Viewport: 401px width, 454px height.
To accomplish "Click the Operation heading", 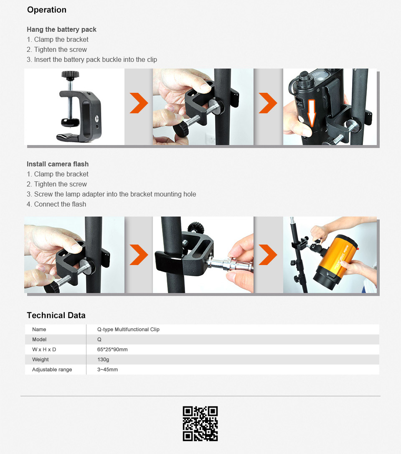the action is [x=47, y=10].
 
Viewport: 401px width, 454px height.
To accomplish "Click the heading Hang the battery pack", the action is [x=61, y=30].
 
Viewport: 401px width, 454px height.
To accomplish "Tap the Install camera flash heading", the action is [x=58, y=164].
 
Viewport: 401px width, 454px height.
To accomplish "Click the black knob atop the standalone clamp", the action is [x=70, y=75].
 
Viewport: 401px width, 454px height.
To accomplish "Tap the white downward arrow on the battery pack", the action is [x=311, y=113].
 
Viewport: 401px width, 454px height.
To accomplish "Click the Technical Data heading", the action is [x=56, y=315].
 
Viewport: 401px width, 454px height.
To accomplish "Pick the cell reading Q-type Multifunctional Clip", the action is [x=128, y=329].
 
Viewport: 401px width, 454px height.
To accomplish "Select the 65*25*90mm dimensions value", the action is [x=112, y=349].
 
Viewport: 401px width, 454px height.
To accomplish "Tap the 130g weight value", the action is [x=103, y=360].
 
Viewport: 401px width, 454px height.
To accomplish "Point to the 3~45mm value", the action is [x=107, y=370].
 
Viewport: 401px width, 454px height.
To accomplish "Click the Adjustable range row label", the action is [x=52, y=370].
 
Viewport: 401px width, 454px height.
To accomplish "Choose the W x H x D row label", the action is [x=44, y=349].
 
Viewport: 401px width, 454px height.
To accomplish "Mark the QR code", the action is [x=200, y=423].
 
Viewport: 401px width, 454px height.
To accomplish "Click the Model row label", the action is [x=39, y=339].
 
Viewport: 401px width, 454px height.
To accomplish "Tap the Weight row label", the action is [x=41, y=360].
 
